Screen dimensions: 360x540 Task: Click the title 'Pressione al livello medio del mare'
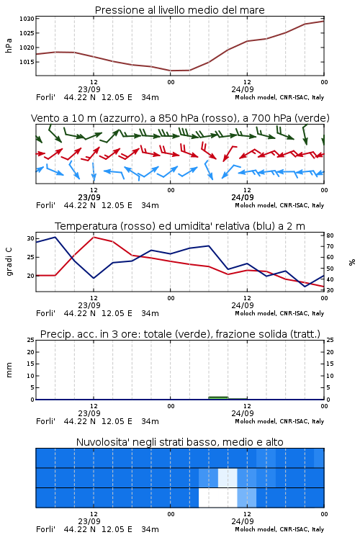[179, 10]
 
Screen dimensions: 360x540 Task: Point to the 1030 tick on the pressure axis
[27, 19]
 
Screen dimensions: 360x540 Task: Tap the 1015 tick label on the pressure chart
[27, 62]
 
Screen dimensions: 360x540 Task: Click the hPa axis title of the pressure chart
[9, 45]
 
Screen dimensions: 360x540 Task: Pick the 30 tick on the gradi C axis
[31, 238]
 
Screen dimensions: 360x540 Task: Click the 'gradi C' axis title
[9, 262]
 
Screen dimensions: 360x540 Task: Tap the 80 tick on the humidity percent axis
[330, 235]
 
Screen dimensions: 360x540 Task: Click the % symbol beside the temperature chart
[352, 262]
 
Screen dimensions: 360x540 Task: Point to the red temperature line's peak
[94, 237]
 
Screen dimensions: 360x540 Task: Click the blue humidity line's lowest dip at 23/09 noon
[94, 278]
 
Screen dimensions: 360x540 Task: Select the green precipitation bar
[218, 398]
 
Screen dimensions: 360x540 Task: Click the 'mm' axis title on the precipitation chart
[9, 370]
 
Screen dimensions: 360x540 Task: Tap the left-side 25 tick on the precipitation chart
[31, 340]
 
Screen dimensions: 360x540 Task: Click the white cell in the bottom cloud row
[218, 498]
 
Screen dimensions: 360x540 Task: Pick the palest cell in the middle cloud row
[228, 477]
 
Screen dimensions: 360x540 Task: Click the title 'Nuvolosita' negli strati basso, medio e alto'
[179, 442]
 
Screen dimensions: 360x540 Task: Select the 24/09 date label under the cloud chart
[243, 521]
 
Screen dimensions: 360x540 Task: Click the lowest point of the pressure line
[171, 71]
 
